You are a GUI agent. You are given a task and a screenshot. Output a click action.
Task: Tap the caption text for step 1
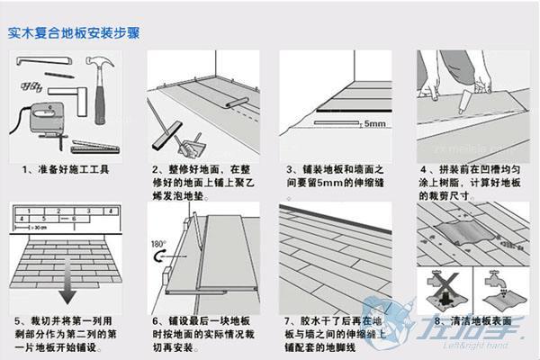pyautogui.click(x=68, y=168)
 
